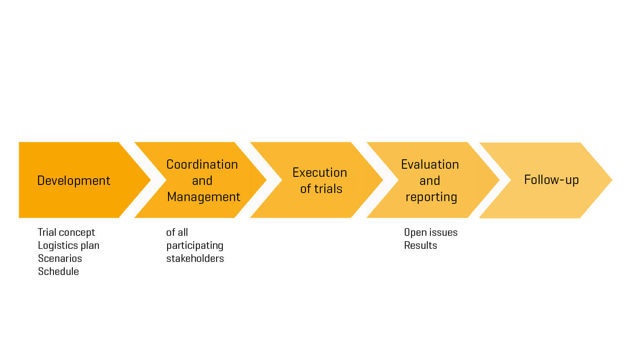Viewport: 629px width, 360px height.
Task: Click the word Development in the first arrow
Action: [74, 180]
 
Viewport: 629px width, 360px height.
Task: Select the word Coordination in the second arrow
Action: [202, 164]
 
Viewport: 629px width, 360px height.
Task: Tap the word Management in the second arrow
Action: [204, 197]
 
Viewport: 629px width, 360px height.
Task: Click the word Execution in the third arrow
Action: [319, 172]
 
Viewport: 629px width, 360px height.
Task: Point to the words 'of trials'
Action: [321, 189]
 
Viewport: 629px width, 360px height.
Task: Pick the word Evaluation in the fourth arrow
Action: [430, 164]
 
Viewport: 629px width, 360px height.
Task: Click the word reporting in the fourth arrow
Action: [431, 197]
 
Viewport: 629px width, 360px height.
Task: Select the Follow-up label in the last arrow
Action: [551, 180]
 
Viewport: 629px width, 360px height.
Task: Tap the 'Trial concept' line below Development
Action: [66, 232]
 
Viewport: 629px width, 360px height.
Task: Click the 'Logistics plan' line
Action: [68, 245]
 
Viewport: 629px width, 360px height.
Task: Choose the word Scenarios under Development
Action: [60, 258]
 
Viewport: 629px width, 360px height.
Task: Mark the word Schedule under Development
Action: [58, 271]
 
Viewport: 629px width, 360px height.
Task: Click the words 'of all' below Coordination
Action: [177, 232]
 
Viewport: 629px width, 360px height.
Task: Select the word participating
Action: [195, 245]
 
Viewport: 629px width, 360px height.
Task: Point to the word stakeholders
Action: [195, 258]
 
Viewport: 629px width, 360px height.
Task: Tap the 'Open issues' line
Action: [430, 232]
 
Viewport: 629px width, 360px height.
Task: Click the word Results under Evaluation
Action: [421, 245]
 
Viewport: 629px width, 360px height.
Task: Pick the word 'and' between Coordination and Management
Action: [202, 180]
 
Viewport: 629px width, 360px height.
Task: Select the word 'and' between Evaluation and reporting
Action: [430, 180]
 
